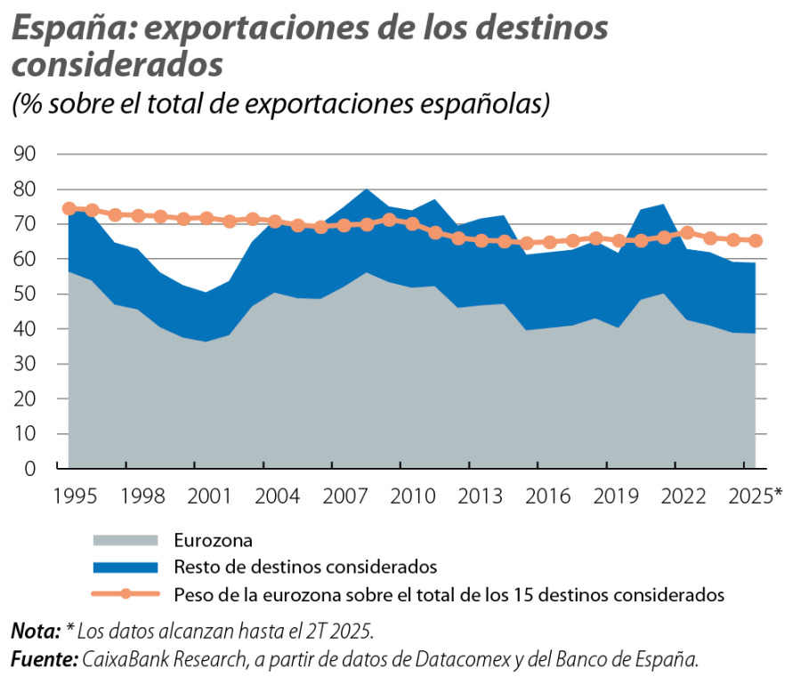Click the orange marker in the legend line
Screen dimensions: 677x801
click(x=125, y=592)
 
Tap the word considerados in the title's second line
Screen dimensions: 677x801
click(x=116, y=65)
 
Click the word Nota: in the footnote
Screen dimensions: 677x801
click(x=36, y=633)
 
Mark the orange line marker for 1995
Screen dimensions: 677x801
click(x=69, y=208)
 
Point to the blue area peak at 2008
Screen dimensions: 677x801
click(x=366, y=189)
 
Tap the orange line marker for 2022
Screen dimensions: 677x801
click(x=687, y=232)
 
